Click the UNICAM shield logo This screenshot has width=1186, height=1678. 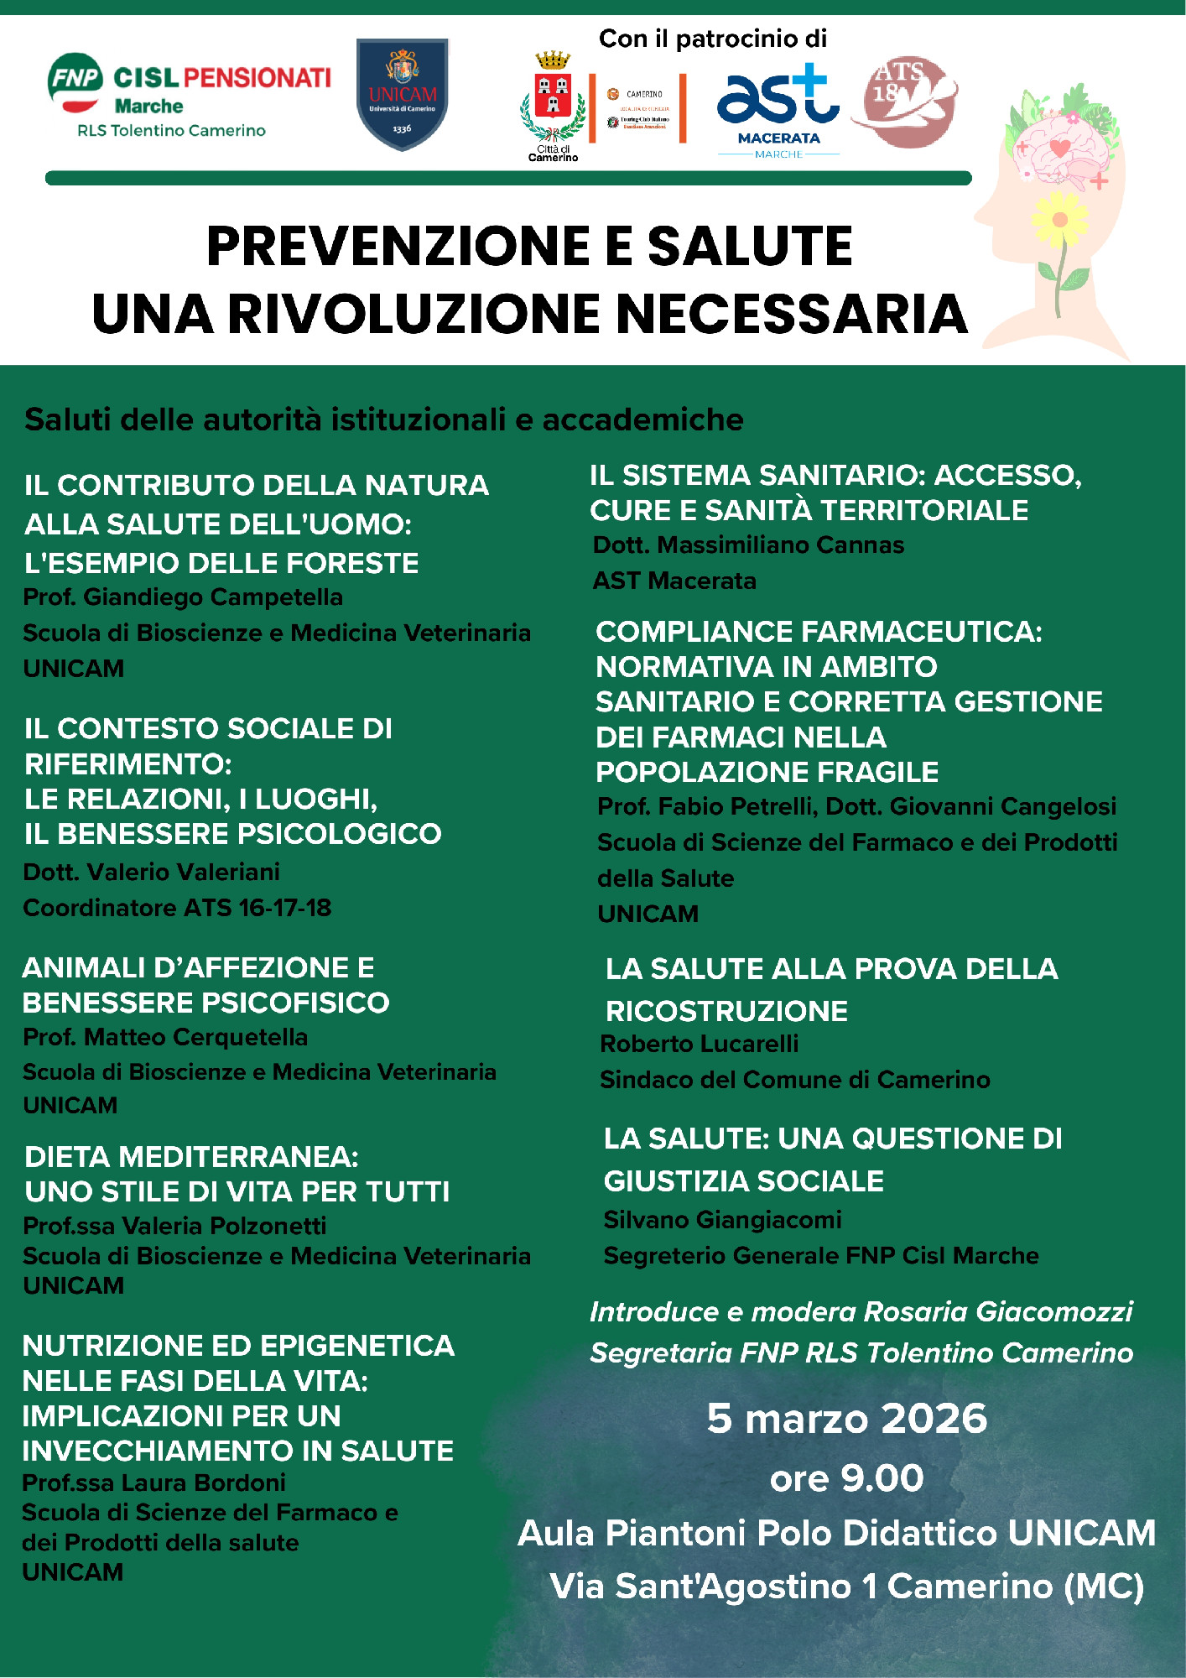[x=402, y=94]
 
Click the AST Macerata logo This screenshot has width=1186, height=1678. [x=778, y=105]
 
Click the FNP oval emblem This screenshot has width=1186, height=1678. [x=75, y=81]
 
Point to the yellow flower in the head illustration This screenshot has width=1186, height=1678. [x=1059, y=220]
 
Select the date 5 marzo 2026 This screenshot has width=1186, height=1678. [x=846, y=1419]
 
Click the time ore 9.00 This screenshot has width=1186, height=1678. [x=846, y=1477]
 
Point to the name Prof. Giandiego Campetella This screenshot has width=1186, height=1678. [x=183, y=597]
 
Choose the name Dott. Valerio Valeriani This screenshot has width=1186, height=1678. [x=152, y=873]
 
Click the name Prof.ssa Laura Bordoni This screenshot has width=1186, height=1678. [x=153, y=1483]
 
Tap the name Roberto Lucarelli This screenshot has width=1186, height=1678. [x=699, y=1045]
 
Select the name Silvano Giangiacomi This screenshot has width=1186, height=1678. [x=722, y=1220]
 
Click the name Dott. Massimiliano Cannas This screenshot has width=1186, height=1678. [x=748, y=545]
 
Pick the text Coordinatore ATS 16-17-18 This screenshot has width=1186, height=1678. [x=177, y=908]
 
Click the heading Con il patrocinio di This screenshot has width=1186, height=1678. [x=712, y=39]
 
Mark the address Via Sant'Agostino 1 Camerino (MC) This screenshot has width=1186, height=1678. [x=846, y=1587]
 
